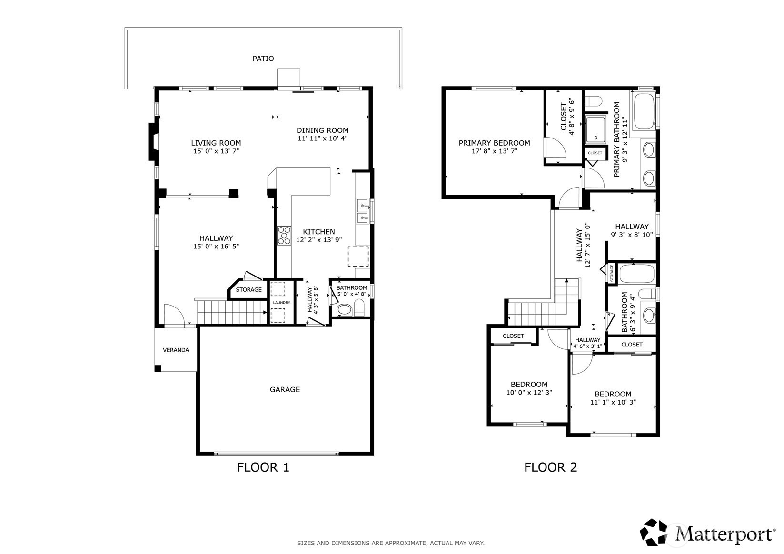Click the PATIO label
263,59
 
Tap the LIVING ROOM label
216,143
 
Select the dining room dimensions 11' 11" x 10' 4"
322,138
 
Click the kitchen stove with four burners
284,236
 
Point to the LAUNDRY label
281,302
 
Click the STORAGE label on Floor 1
248,289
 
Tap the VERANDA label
176,350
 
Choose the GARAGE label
285,389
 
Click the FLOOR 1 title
263,467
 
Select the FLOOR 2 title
551,467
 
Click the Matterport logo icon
654,532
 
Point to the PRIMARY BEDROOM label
494,143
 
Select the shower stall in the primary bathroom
595,129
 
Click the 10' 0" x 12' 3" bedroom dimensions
529,392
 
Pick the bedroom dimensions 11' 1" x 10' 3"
613,402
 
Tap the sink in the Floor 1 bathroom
344,310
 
